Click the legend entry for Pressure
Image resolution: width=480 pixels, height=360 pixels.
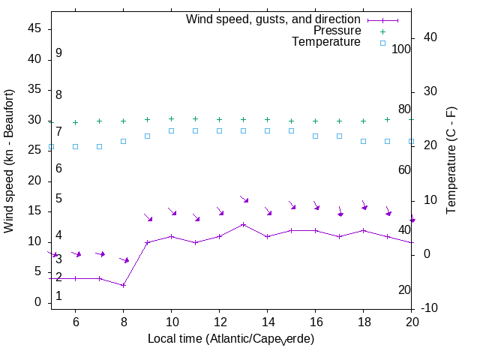(x=337, y=31)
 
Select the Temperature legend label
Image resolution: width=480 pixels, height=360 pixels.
(x=326, y=42)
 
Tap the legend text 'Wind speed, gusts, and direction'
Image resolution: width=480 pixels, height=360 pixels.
(x=274, y=19)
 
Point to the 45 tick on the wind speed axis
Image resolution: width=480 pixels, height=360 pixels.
(x=34, y=28)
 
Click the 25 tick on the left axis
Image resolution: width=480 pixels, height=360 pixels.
(x=34, y=150)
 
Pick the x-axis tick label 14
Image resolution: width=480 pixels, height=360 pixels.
(x=267, y=321)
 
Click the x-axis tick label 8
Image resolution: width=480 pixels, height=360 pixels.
(x=123, y=321)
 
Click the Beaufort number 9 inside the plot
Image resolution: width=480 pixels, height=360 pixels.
(x=58, y=53)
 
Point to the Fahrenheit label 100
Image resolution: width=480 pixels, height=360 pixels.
(x=401, y=49)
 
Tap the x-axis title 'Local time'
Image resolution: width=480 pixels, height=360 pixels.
(x=230, y=339)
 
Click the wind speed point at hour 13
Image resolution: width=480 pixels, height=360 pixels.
(x=243, y=224)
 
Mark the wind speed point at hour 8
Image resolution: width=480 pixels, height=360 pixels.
(x=123, y=285)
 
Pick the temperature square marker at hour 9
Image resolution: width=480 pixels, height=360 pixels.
(x=147, y=136)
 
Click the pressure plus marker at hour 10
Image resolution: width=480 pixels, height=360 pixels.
(x=171, y=118)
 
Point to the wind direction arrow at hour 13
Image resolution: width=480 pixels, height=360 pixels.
(x=244, y=199)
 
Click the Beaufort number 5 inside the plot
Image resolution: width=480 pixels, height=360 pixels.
(x=58, y=199)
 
